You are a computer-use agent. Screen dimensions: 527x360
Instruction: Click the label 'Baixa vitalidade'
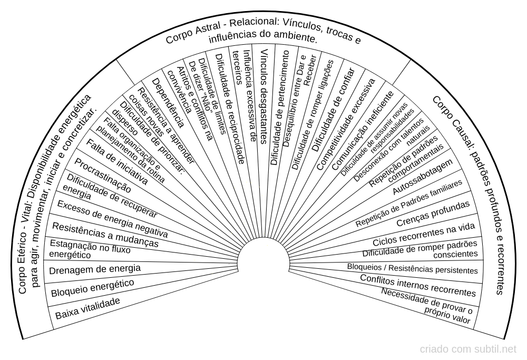(87, 308)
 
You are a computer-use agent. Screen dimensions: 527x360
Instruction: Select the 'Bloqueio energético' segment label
(92, 288)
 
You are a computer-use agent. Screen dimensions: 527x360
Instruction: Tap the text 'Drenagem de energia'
(95, 269)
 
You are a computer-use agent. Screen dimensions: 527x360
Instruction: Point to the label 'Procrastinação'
(103, 176)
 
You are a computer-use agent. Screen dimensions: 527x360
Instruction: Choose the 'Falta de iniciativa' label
(117, 162)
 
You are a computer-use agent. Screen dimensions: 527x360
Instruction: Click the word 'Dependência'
(168, 103)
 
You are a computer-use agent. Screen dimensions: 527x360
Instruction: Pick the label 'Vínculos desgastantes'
(264, 96)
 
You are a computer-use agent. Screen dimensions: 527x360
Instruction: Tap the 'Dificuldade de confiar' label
(334, 110)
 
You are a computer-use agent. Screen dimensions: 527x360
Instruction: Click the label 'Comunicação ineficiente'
(363, 130)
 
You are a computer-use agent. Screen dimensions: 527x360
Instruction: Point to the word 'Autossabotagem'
(423, 176)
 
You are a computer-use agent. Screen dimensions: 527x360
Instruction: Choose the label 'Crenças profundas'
(433, 214)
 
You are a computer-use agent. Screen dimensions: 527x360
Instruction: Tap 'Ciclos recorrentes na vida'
(424, 234)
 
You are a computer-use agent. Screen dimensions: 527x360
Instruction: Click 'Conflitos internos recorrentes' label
(418, 286)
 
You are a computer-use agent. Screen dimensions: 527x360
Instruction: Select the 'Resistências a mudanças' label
(105, 235)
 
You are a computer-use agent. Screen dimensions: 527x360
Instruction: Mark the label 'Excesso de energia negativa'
(112, 219)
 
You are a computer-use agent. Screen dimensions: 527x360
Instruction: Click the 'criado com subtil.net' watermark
(468, 349)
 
